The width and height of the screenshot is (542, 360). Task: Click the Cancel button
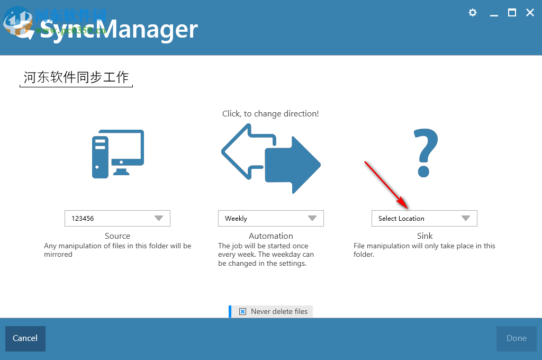(25, 338)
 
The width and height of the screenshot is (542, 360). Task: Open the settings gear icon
(473, 13)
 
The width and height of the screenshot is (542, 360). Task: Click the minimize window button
(494, 13)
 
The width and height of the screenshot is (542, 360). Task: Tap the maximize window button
(512, 13)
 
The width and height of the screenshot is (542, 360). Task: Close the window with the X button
(530, 13)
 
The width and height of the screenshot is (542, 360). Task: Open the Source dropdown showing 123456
(118, 218)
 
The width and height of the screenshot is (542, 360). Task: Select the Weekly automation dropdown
(270, 218)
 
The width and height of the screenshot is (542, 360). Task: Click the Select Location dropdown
(424, 218)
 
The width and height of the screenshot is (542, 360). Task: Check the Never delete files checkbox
(242, 311)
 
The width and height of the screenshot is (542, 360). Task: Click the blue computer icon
(118, 154)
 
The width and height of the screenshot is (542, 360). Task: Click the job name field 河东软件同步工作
(76, 77)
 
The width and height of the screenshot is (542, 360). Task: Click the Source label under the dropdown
(118, 236)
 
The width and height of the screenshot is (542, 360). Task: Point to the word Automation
(270, 236)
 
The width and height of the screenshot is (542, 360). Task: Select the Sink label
(424, 236)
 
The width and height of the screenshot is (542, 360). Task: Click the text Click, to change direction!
(270, 114)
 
